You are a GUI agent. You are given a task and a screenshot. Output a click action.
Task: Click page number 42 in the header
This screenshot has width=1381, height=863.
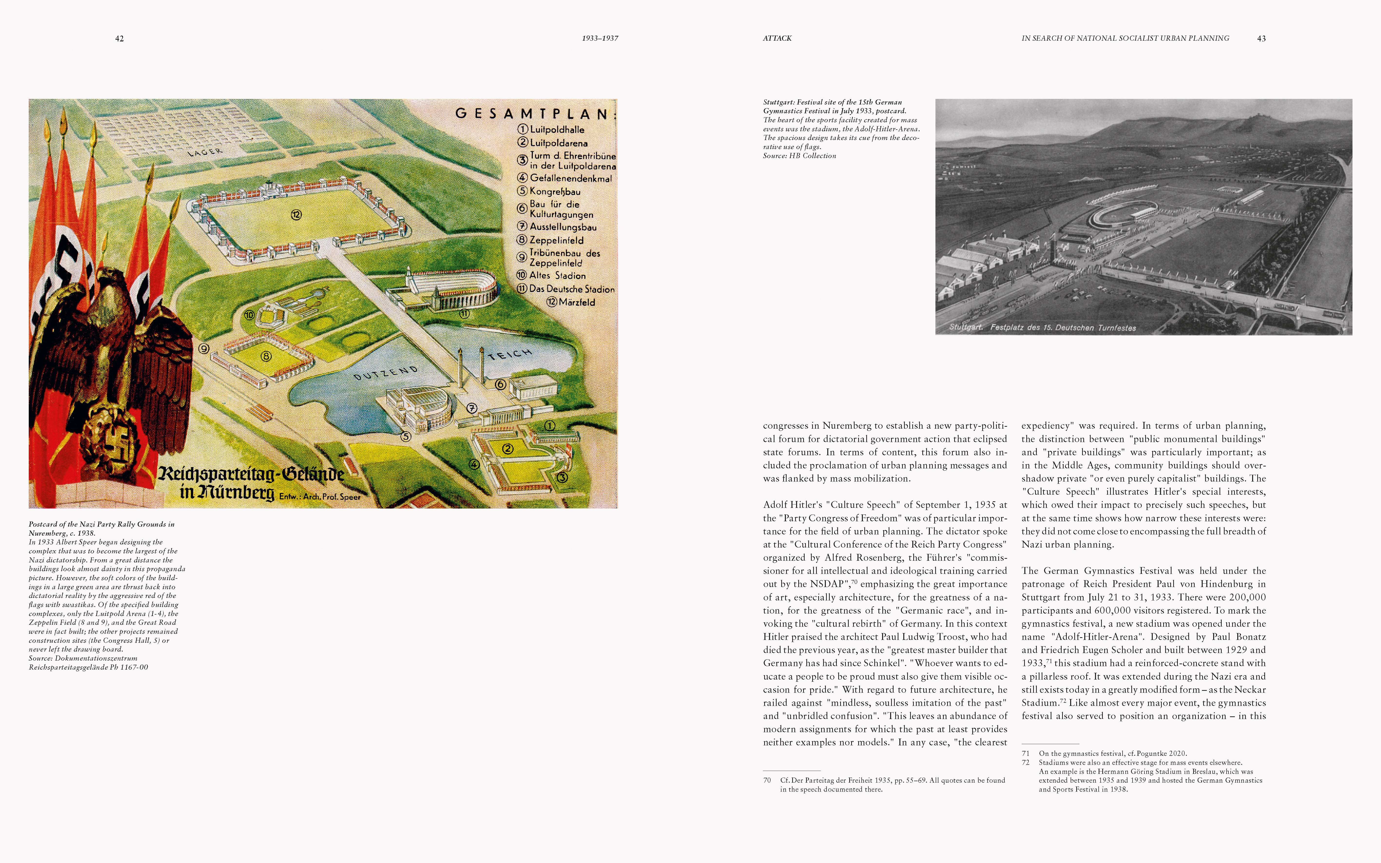119,38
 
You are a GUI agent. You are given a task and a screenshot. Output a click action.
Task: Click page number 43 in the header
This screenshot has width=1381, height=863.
1261,38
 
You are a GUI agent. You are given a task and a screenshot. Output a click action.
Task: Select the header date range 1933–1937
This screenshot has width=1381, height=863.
600,38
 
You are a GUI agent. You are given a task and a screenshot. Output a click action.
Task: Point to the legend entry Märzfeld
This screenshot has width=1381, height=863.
576,302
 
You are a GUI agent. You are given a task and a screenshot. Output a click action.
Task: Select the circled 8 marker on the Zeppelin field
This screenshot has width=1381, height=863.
266,356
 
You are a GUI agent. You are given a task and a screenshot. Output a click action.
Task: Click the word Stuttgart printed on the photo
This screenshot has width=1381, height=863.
966,327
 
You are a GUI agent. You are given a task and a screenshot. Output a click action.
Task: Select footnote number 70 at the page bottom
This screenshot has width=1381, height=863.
767,780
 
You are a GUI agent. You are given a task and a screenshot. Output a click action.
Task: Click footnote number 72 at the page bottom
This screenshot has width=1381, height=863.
1026,763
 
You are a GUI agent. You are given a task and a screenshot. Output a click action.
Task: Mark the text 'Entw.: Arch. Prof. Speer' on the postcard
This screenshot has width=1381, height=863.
320,497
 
